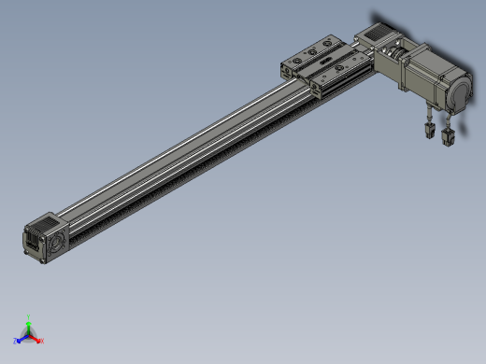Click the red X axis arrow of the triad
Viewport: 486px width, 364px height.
[36, 339]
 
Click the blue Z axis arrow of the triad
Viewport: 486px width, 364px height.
[21, 339]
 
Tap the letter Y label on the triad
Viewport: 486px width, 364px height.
[29, 318]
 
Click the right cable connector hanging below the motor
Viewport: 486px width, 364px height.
[447, 138]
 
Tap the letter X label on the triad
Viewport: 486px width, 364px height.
[42, 342]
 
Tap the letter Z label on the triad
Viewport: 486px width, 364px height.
[15, 342]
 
